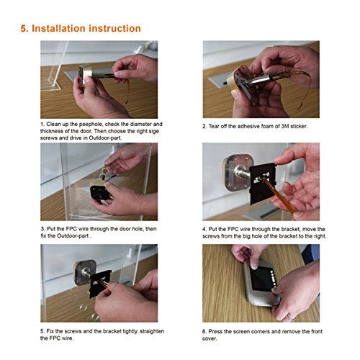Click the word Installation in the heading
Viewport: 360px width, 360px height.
[x=59, y=28]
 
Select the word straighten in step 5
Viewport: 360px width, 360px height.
[x=152, y=331]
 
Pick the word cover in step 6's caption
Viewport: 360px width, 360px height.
[x=210, y=338]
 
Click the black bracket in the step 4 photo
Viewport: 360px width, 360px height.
[x=263, y=184]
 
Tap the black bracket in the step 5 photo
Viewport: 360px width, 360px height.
[x=100, y=283]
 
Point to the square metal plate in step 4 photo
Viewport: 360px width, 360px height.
[x=238, y=173]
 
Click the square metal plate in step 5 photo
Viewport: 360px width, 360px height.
[x=85, y=273]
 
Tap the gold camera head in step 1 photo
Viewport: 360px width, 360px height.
[x=85, y=74]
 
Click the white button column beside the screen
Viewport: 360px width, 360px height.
[x=274, y=279]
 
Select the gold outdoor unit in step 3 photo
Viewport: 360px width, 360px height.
[x=99, y=191]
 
